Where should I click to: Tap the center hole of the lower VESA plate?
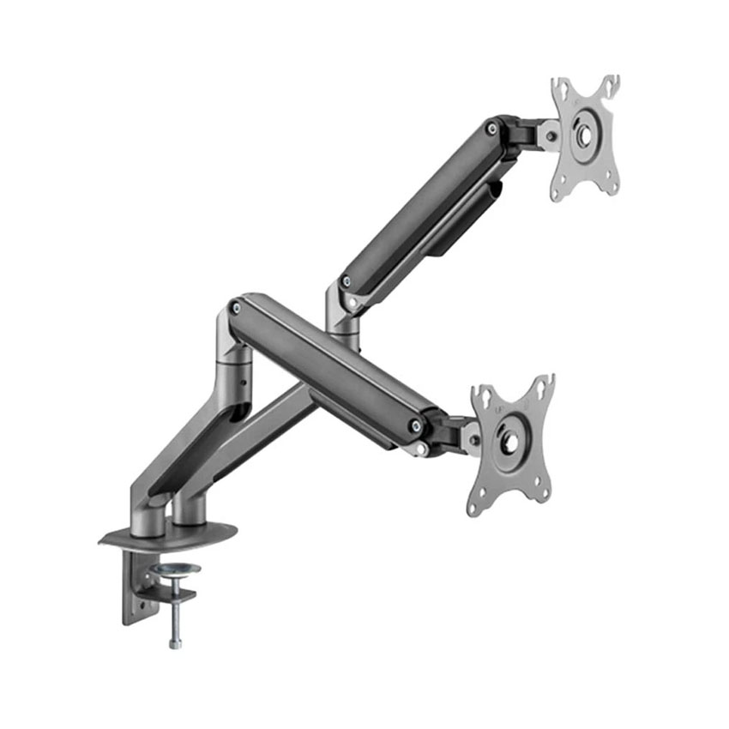click(x=509, y=443)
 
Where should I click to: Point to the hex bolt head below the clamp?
click(x=174, y=642)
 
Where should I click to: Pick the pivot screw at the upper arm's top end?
click(x=491, y=129)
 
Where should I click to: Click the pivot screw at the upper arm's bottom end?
click(x=345, y=281)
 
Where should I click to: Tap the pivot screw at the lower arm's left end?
click(x=236, y=304)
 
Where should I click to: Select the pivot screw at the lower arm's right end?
click(x=416, y=425)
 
